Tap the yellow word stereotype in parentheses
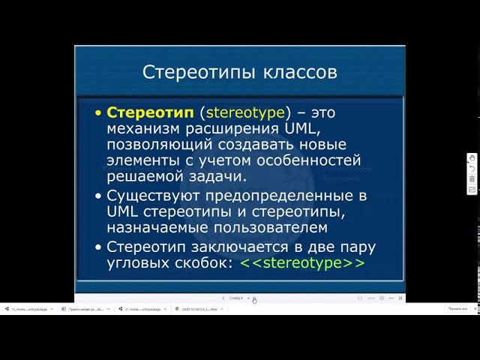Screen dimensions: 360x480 (245, 112)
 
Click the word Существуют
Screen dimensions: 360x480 (154, 196)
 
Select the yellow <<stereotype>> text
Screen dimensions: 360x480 (302, 263)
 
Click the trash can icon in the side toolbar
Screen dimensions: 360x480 (472, 179)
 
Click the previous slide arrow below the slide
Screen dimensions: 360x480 (223, 298)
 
